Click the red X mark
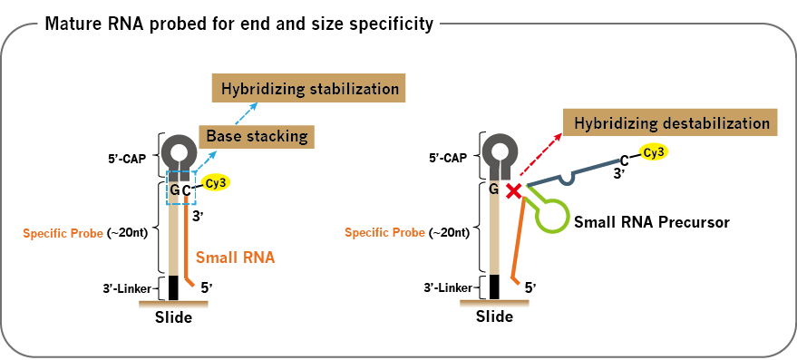(x=514, y=190)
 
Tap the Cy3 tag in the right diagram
(x=653, y=151)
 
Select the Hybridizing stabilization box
(x=309, y=89)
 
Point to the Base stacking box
(x=257, y=136)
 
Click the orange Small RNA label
(x=236, y=258)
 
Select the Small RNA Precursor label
(x=652, y=222)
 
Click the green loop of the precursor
(x=551, y=216)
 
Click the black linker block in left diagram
(x=173, y=287)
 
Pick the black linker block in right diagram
(x=494, y=287)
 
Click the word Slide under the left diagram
(x=174, y=317)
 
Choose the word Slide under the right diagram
(x=494, y=316)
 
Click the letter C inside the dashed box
(x=187, y=191)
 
